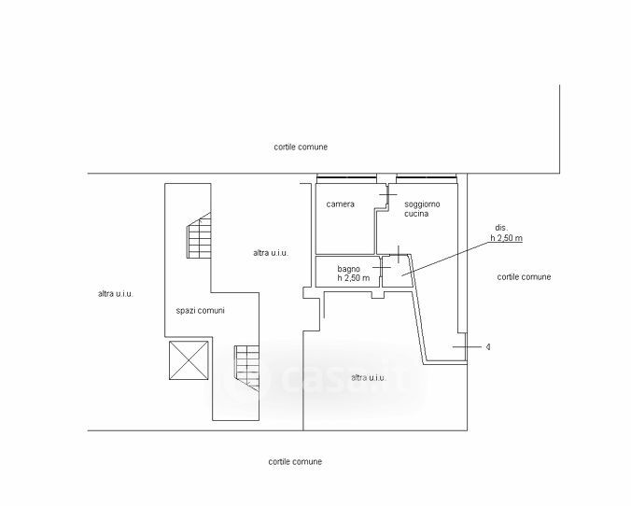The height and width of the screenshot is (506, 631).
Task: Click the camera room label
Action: (x=341, y=204)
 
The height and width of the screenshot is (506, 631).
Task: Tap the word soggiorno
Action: (x=422, y=204)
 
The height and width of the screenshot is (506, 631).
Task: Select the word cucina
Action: (x=416, y=215)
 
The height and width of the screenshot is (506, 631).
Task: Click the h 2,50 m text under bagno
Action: (x=354, y=278)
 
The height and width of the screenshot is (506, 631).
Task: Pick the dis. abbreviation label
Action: (x=501, y=228)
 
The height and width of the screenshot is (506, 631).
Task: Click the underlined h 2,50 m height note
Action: (x=507, y=239)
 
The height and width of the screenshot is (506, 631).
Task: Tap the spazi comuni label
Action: (x=200, y=311)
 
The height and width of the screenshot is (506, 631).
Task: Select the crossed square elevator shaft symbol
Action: (x=189, y=360)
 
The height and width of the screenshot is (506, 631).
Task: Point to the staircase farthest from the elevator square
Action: (x=200, y=237)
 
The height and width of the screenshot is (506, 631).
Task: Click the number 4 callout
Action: (x=488, y=347)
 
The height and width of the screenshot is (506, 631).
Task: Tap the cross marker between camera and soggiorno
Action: (x=387, y=195)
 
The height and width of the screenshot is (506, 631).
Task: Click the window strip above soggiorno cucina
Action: (x=426, y=177)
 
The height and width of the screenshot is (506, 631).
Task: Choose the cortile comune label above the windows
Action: (x=301, y=148)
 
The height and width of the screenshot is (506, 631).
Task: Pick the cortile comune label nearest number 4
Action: (x=524, y=277)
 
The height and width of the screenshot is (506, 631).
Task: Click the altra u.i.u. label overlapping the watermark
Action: (x=369, y=377)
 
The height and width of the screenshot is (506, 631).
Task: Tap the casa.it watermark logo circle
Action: (x=251, y=378)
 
